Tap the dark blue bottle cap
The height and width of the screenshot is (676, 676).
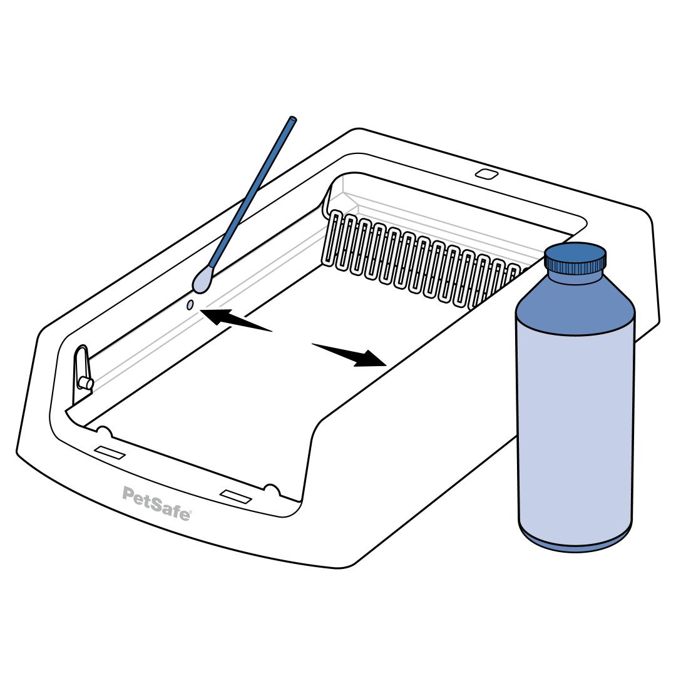pos(575,259)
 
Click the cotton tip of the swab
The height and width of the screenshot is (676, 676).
pos(201,280)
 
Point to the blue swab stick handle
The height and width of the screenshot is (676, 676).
pos(252,193)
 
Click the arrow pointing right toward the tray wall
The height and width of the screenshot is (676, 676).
pos(349,354)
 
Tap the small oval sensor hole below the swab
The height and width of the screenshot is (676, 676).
pos(190,305)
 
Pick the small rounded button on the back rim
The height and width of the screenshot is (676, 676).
pos(487,174)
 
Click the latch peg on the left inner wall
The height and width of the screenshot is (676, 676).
pos(85,383)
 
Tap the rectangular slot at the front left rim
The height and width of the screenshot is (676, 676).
pos(110,453)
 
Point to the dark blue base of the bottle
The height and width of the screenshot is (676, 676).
pos(576,540)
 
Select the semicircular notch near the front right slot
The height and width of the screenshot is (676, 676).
pos(271,489)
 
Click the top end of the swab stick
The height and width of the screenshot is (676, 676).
pos(293,118)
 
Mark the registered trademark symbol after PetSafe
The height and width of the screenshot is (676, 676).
pos(190,512)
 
